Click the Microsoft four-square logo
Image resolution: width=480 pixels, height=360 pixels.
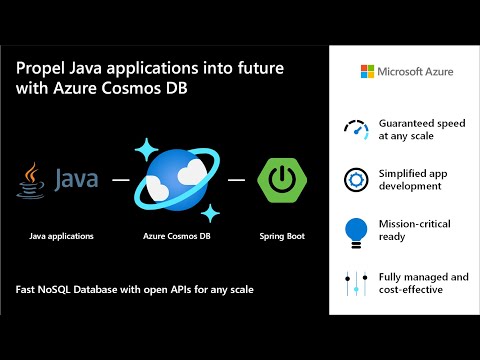coord(369,72)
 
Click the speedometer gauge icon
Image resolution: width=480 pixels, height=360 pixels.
coord(355,129)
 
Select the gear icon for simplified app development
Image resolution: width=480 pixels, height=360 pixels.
coord(355,179)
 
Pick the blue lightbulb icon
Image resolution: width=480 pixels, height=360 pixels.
coord(355,229)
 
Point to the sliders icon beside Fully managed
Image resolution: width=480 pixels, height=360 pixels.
coord(355,282)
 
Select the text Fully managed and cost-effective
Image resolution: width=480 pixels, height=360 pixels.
coord(423,282)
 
